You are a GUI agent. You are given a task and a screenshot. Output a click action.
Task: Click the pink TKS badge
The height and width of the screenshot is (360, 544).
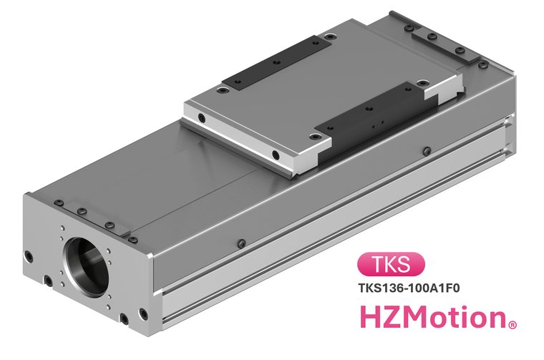click(391, 264)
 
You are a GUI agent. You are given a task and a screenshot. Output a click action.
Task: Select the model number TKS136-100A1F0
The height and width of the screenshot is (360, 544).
click(409, 288)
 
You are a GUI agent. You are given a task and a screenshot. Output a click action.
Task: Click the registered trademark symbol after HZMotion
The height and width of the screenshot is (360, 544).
click(513, 325)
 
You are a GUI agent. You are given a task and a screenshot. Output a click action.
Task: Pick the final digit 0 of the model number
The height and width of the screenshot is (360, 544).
click(455, 288)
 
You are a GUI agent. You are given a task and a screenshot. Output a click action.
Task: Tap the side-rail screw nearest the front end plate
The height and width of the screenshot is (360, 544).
click(242, 243)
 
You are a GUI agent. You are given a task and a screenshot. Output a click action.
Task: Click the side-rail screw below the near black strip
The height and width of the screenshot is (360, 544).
click(427, 151)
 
